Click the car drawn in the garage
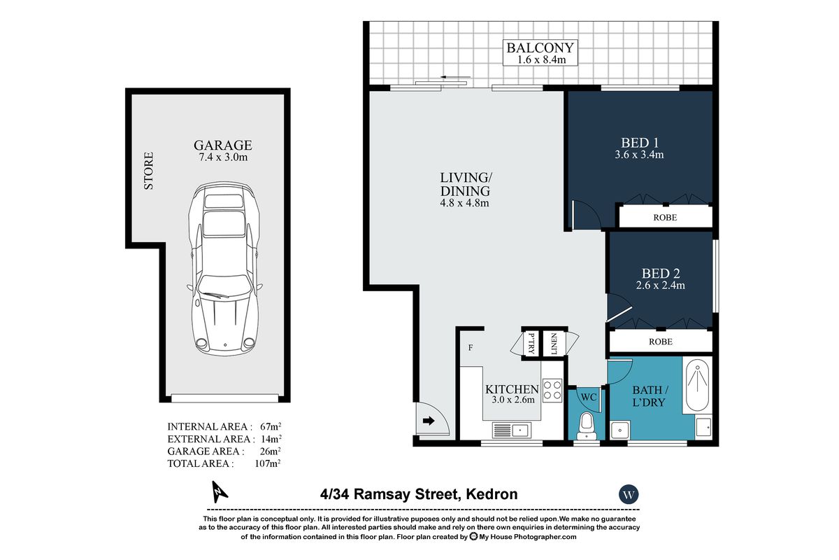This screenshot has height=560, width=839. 224,269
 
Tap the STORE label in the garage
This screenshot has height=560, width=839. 149,171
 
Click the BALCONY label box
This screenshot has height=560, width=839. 540,53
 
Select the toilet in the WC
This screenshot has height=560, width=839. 587,426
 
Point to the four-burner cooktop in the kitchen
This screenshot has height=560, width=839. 552,390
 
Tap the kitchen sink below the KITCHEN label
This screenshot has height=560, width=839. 511,430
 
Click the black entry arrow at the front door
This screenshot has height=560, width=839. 429,421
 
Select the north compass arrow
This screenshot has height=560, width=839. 219,491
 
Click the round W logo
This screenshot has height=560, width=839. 629,494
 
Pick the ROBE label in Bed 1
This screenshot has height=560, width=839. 665,218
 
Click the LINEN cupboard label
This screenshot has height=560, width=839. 554,344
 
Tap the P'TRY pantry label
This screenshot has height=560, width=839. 531,344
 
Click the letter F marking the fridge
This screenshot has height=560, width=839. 471,348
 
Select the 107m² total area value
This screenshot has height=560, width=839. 268,463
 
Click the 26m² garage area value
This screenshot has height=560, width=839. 270,451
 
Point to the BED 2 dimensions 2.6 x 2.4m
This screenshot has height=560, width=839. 660,286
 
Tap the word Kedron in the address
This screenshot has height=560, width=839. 492,494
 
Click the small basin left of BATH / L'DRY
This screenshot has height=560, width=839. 620,430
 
